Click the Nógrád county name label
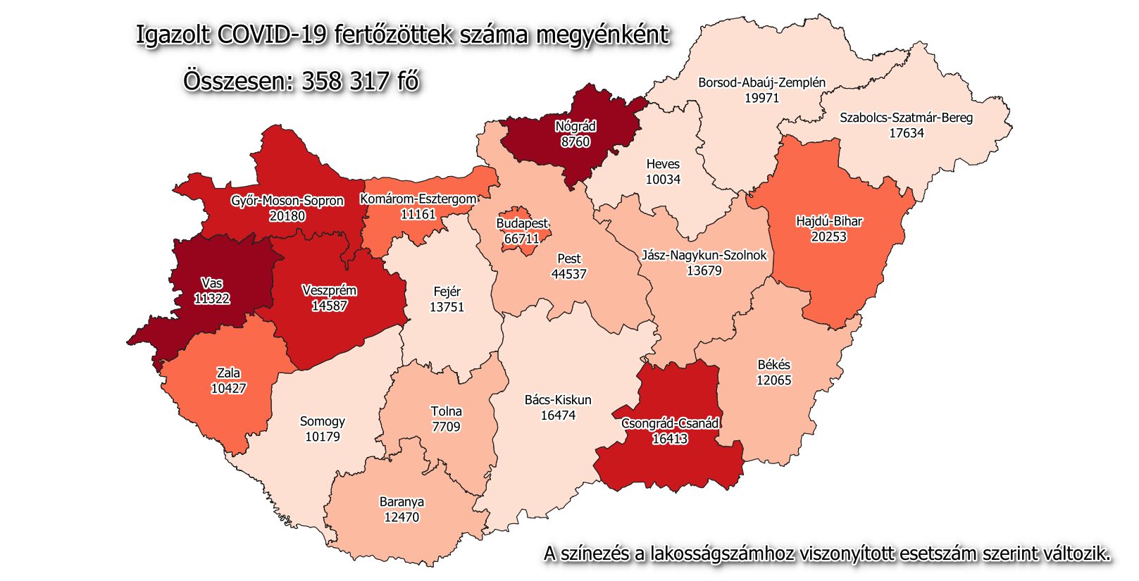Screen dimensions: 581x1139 click(575, 127)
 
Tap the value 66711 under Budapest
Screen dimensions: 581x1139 click(522, 239)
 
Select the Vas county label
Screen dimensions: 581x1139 click(211, 283)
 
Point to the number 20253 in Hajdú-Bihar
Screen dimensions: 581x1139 click(828, 237)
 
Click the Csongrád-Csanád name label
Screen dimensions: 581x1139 click(670, 423)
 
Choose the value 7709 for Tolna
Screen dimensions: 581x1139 click(446, 427)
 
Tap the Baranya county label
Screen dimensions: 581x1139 click(402, 502)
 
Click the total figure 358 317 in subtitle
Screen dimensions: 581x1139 click(345, 81)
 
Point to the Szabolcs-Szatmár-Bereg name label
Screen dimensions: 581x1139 click(906, 118)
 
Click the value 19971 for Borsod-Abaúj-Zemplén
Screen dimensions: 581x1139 click(762, 98)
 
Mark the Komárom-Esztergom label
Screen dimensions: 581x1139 click(418, 199)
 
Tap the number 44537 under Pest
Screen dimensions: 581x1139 click(568, 274)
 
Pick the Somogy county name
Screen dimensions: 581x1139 click(323, 421)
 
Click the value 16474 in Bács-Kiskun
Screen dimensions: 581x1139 click(558, 416)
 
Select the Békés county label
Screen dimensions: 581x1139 click(773, 365)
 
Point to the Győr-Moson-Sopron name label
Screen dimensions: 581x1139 click(287, 201)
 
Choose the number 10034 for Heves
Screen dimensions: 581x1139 click(663, 180)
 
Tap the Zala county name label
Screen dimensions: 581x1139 click(228, 373)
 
